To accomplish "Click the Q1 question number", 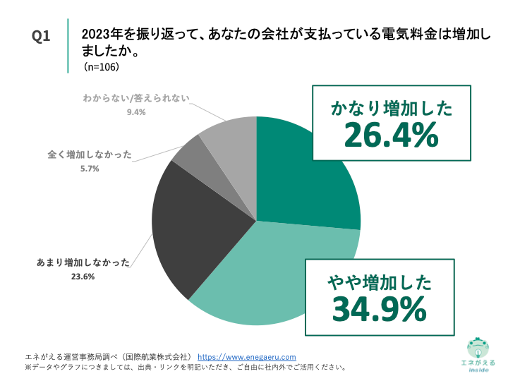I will (42, 36).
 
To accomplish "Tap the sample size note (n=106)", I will (101, 68).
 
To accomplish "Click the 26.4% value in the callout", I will (391, 134).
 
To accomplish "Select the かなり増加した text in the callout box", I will (391, 108).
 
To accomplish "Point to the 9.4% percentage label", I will (135, 112).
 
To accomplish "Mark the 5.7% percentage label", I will (90, 169).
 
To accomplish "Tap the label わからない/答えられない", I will (135, 99).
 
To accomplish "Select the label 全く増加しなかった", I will (90, 155).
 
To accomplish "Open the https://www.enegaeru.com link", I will (246, 357).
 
